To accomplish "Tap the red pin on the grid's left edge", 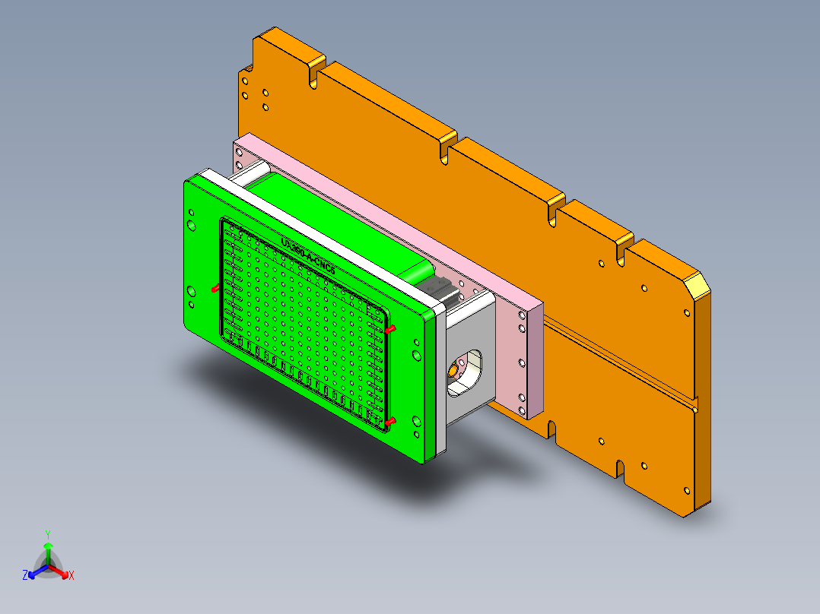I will tap(215, 289).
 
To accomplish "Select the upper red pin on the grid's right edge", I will tap(391, 330).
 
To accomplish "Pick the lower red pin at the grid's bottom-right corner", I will tap(391, 421).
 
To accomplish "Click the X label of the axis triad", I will tap(72, 576).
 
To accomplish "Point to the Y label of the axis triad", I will tap(47, 534).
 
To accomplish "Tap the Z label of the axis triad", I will tap(25, 575).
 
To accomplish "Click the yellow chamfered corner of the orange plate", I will tap(696, 287).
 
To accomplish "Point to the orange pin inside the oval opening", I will tap(453, 370).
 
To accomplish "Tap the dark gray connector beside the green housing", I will tap(440, 292).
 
